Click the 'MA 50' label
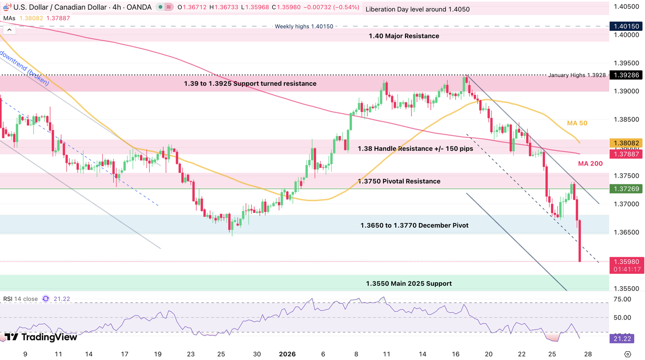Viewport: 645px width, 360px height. pyautogui.click(x=577, y=124)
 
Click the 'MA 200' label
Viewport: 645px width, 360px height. pyautogui.click(x=590, y=164)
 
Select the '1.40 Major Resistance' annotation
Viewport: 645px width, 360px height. pyautogui.click(x=404, y=36)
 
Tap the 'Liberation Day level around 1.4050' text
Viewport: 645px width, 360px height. pyautogui.click(x=417, y=9)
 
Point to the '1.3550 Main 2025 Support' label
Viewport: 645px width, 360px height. pyautogui.click(x=409, y=283)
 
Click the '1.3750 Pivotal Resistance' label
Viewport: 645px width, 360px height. pyautogui.click(x=399, y=181)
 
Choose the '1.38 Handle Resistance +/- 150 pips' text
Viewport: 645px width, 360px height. pyautogui.click(x=415, y=149)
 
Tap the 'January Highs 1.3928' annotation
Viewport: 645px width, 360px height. pyautogui.click(x=577, y=75)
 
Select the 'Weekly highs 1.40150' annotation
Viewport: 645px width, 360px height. pyautogui.click(x=304, y=26)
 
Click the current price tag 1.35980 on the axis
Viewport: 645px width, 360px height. pyautogui.click(x=626, y=261)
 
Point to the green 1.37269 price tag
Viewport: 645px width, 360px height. pyautogui.click(x=626, y=189)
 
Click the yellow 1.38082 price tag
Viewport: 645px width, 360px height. pyautogui.click(x=626, y=143)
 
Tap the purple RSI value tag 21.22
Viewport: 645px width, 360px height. pyautogui.click(x=625, y=339)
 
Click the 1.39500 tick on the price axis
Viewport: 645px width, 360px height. pyautogui.click(x=625, y=63)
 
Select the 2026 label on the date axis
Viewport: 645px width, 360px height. pyautogui.click(x=287, y=354)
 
